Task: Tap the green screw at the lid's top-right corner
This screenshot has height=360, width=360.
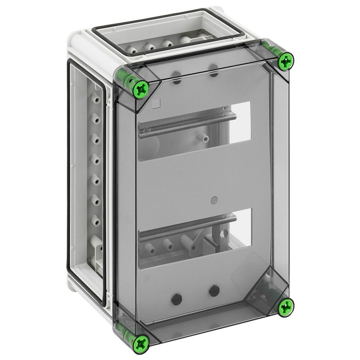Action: click(x=286, y=61)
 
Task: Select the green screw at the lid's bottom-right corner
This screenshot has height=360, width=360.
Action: click(x=286, y=306)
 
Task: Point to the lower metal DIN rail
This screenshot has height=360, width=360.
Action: click(x=188, y=228)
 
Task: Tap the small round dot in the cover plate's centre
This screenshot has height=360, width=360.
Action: click(x=214, y=199)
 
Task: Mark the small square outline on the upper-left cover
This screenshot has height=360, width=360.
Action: click(x=157, y=103)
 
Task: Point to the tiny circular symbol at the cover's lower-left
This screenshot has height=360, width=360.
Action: click(x=147, y=279)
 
